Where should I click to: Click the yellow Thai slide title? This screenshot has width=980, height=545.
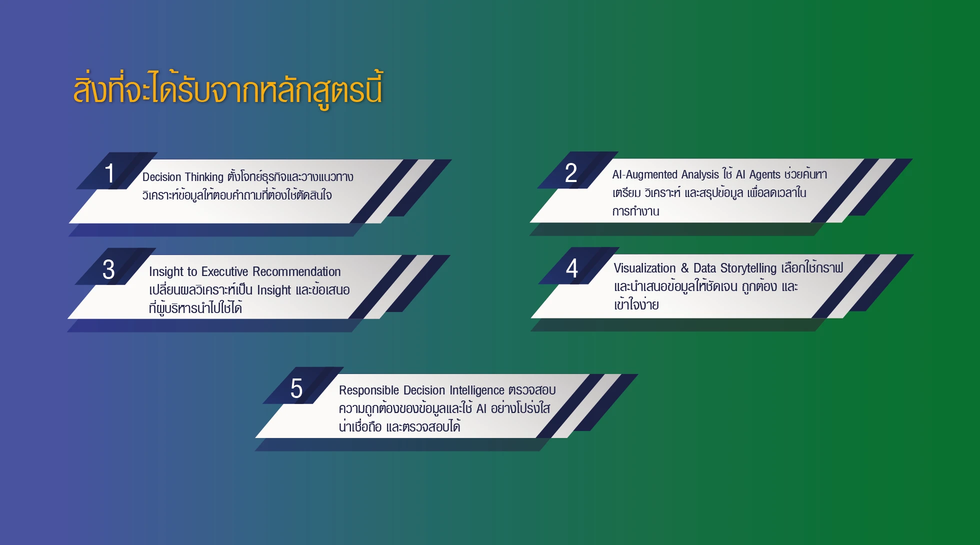(228, 90)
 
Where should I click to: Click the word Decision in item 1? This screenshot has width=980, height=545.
(162, 177)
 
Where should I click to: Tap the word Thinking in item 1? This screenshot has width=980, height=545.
(204, 177)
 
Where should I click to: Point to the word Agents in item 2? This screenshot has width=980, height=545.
(764, 174)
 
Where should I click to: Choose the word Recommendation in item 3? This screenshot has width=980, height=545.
(296, 271)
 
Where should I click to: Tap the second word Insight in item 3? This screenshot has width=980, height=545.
(274, 290)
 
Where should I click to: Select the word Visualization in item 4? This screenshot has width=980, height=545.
(645, 268)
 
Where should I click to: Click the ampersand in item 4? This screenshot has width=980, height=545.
(684, 268)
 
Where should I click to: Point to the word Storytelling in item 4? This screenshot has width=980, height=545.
(748, 268)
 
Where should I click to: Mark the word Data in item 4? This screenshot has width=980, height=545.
(705, 268)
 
